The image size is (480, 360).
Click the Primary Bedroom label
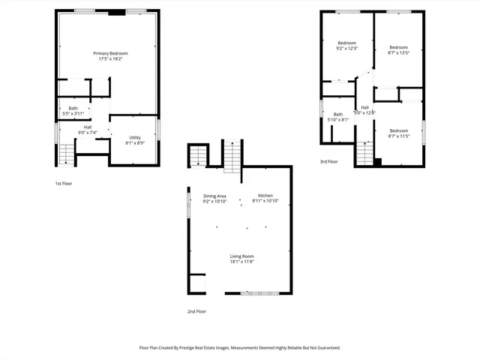pos(110,53)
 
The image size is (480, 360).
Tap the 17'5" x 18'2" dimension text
pos(110,59)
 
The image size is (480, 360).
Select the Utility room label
pos(135,137)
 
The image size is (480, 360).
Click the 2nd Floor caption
pos(196,311)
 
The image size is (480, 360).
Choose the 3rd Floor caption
pos(329,161)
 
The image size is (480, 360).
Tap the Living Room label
pos(241,256)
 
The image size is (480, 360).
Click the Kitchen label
pos(265,195)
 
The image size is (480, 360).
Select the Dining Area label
pos(214,196)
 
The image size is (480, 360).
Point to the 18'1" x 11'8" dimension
pos(241,262)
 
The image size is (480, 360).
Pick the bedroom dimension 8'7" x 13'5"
pos(398,53)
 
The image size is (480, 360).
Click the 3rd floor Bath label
pos(338,114)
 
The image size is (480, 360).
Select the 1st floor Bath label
pos(73,108)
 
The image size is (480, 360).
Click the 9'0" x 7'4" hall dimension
pos(88,133)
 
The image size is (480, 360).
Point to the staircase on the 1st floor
pos(67,154)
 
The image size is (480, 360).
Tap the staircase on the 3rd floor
pos(364,153)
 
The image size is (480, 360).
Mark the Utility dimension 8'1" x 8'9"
pos(135,142)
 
